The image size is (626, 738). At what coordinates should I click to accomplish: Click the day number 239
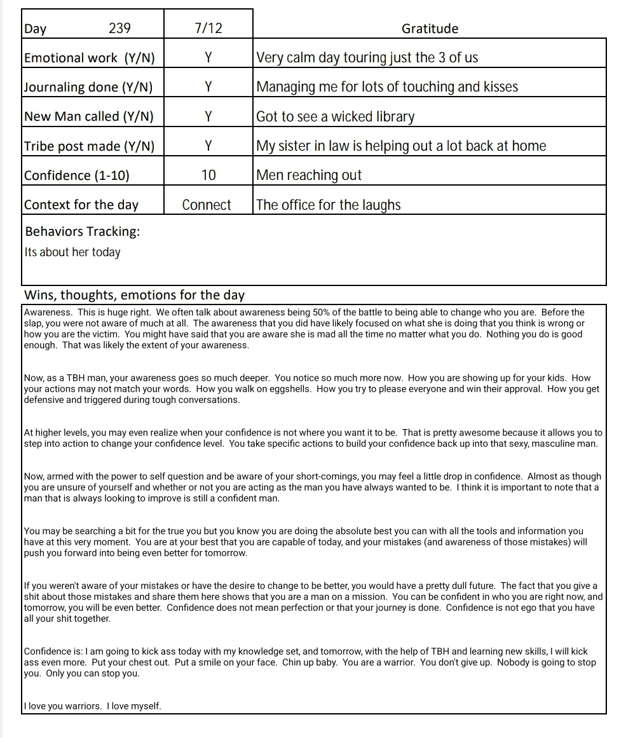[x=119, y=29]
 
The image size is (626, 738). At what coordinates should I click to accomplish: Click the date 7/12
[x=208, y=29]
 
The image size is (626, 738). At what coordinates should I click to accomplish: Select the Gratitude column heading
[x=430, y=29]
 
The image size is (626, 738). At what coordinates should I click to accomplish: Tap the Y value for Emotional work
[x=208, y=58]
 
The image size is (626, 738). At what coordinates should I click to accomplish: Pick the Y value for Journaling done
[x=208, y=87]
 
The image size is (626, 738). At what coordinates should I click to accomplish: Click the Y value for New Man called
[x=208, y=116]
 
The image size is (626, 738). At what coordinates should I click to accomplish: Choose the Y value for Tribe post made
[x=208, y=146]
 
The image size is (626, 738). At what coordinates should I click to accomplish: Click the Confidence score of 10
[x=208, y=175]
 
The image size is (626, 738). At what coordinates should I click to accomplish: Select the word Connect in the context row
[x=207, y=205]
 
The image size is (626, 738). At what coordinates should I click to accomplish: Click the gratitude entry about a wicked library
[x=335, y=117]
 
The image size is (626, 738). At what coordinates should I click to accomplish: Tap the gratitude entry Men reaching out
[x=309, y=175]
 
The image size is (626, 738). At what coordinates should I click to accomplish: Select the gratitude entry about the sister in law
[x=401, y=146]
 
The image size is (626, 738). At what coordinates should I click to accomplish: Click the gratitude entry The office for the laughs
[x=328, y=205]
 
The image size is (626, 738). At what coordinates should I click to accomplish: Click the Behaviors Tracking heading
[x=82, y=231]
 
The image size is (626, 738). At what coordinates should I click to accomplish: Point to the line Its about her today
[x=72, y=252]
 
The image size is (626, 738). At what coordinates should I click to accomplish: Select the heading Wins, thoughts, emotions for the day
[x=133, y=296]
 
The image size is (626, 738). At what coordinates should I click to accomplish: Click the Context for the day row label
[x=81, y=205]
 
